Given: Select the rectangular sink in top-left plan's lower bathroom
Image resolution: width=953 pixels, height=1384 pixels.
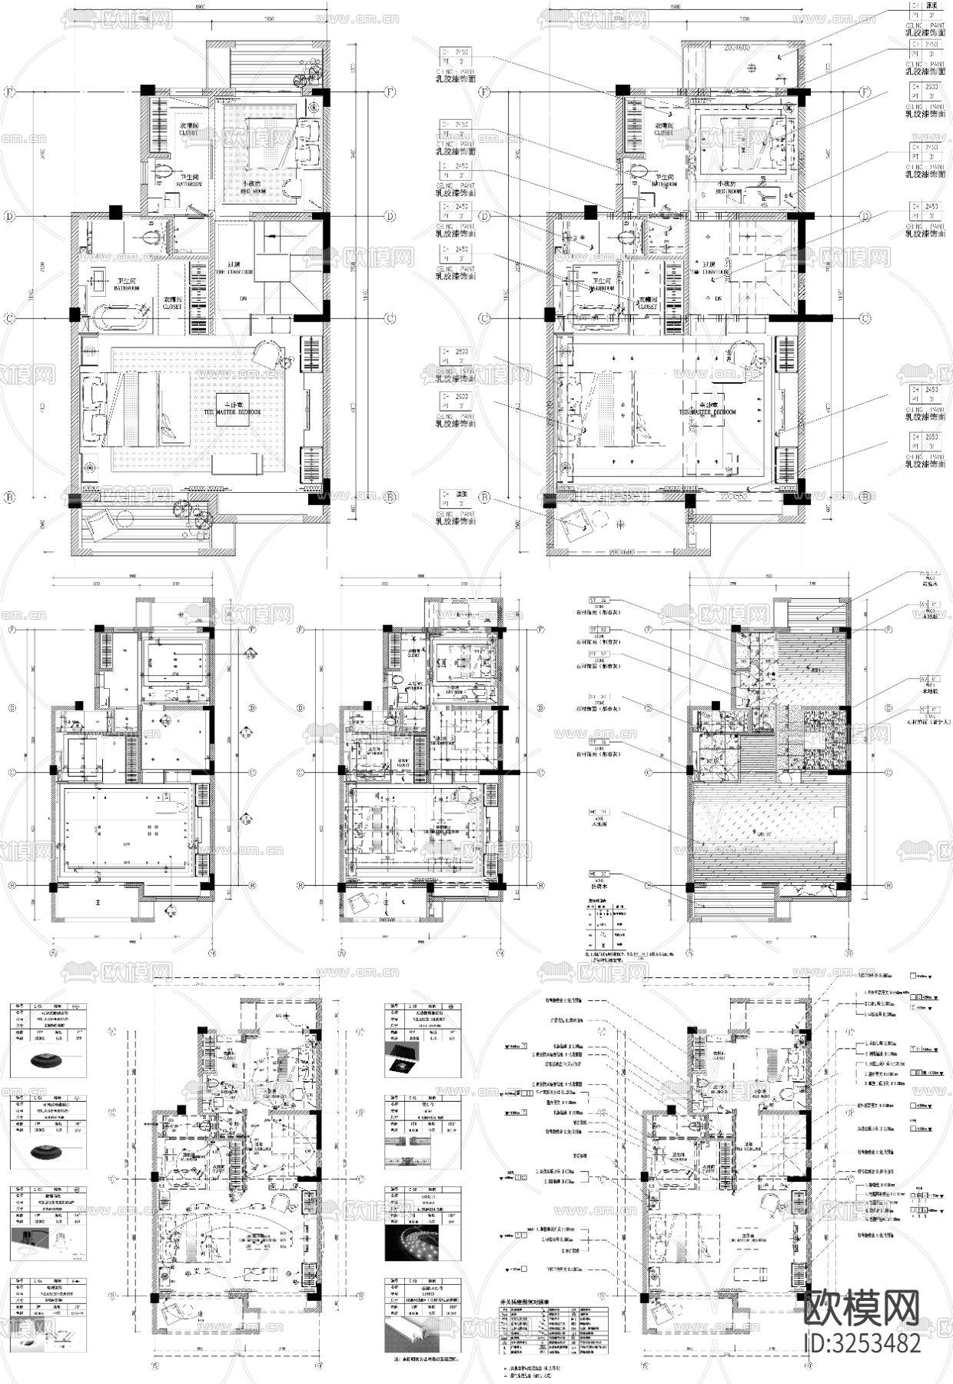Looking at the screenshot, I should pyautogui.click(x=101, y=281).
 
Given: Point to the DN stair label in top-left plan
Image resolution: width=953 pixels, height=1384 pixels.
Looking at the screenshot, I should pyautogui.click(x=265, y=298).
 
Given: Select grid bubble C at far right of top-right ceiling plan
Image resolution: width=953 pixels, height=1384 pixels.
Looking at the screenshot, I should pyautogui.click(x=866, y=318).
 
